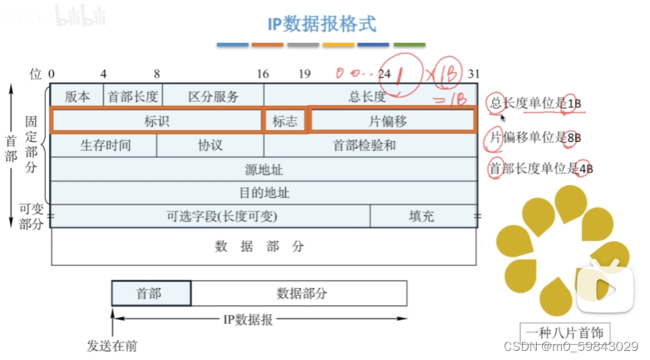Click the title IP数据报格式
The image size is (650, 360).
[x=322, y=24]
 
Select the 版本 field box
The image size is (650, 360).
[x=77, y=97]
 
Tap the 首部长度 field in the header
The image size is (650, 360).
[x=132, y=97]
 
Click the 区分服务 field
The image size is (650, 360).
[x=212, y=97]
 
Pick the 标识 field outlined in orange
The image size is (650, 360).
[x=156, y=121]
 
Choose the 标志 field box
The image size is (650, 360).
[x=285, y=121]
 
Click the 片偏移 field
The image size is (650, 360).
[x=390, y=121]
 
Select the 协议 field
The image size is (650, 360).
[x=210, y=145]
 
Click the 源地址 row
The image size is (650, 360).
[x=263, y=169]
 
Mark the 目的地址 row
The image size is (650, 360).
[x=263, y=192]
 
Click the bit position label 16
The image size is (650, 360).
[x=263, y=74]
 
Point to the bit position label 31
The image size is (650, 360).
[x=474, y=74]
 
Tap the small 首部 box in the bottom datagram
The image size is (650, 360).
[x=152, y=293]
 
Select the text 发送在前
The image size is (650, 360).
[x=112, y=345]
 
